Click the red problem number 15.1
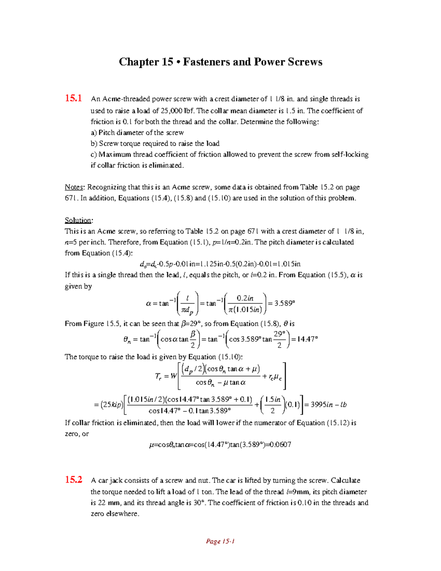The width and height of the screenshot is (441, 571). (x=73, y=98)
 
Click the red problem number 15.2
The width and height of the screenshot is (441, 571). (x=73, y=480)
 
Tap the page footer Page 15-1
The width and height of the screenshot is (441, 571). (x=220, y=541)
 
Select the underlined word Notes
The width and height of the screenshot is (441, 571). (x=74, y=187)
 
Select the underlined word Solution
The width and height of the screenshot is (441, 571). (x=78, y=220)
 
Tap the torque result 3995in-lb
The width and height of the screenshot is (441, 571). (x=328, y=405)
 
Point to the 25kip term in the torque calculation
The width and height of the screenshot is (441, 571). (x=112, y=405)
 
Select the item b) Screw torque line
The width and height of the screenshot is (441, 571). (x=155, y=143)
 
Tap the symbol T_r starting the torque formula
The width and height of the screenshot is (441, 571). (x=158, y=376)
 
